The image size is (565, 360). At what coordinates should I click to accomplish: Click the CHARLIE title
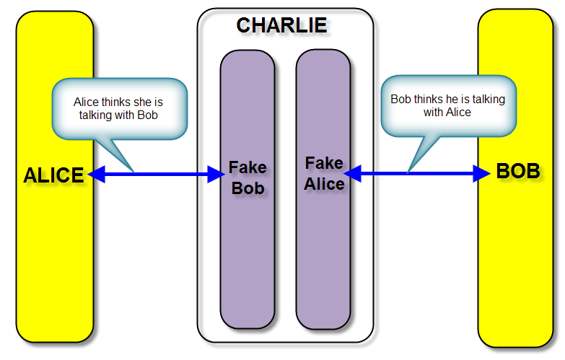pyautogui.click(x=281, y=25)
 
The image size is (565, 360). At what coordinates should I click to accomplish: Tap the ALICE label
pyautogui.click(x=53, y=175)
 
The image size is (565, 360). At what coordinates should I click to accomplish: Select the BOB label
pyautogui.click(x=517, y=172)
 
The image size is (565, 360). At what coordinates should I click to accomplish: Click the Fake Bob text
pyautogui.click(x=248, y=178)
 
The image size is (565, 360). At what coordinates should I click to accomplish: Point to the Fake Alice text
pyautogui.click(x=324, y=173)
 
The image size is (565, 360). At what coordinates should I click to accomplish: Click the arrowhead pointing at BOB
pyautogui.click(x=482, y=173)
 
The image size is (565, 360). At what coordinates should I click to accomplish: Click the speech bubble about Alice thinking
pyautogui.click(x=119, y=109)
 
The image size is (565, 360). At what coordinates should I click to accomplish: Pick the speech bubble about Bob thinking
pyautogui.click(x=447, y=106)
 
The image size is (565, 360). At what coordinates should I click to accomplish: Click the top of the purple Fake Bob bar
pyautogui.click(x=248, y=58)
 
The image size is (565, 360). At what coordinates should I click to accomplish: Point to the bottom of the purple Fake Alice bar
pyautogui.click(x=323, y=321)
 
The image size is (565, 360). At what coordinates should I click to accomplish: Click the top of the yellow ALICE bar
pyautogui.click(x=55, y=18)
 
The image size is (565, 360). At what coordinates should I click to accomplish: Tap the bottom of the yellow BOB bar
pyautogui.click(x=514, y=339)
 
